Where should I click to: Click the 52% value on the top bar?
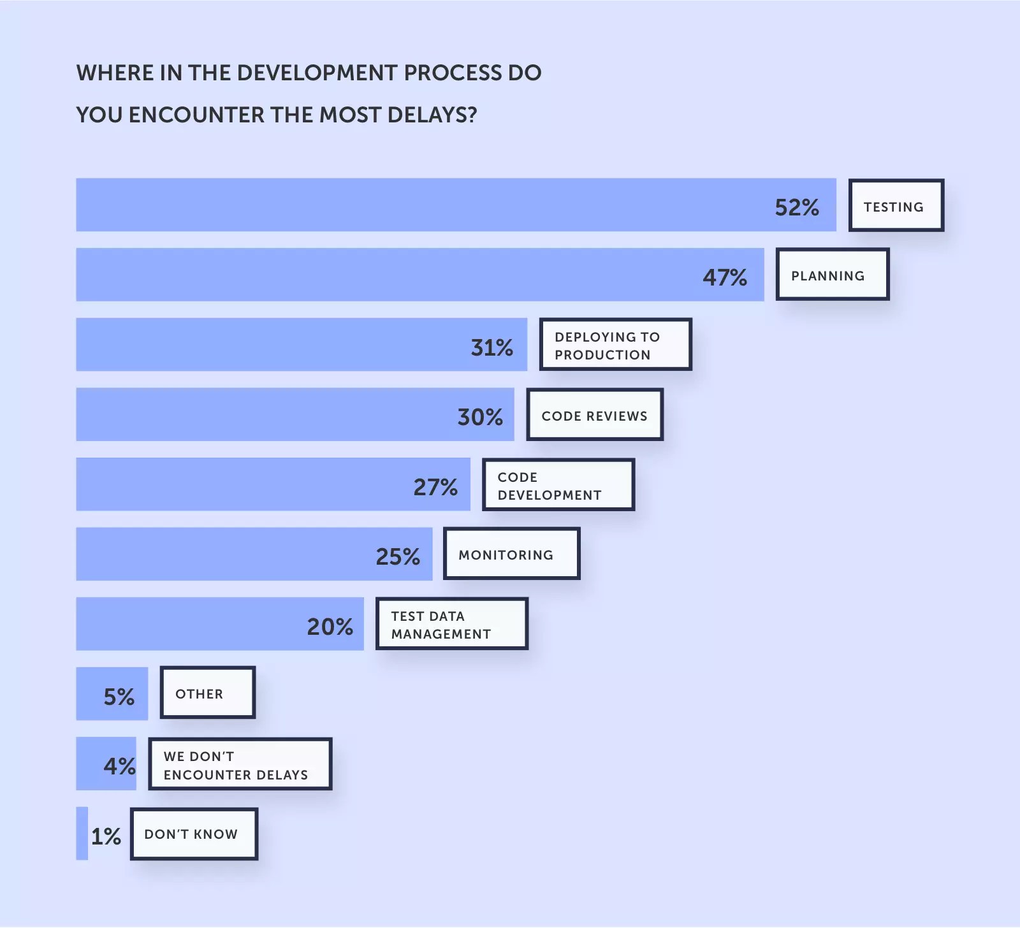point(797,207)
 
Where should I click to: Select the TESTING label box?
point(896,206)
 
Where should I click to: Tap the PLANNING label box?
point(832,275)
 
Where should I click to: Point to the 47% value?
point(725,277)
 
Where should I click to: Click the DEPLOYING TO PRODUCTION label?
point(615,345)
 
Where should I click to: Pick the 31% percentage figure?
point(492,347)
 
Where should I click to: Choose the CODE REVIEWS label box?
point(595,415)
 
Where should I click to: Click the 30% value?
point(480,417)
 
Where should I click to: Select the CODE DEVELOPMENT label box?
point(558,485)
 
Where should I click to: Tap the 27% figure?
point(435,487)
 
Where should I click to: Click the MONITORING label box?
point(511,554)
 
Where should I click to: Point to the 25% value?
point(398,556)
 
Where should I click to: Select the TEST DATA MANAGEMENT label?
point(451,624)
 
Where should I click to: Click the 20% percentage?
point(330,627)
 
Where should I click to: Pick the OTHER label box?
point(207,693)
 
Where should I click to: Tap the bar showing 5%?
point(112,694)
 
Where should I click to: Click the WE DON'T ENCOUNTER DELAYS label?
point(240,764)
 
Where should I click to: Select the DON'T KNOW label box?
point(194,834)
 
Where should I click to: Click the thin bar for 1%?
point(82,834)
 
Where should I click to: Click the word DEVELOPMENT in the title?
point(317,73)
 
